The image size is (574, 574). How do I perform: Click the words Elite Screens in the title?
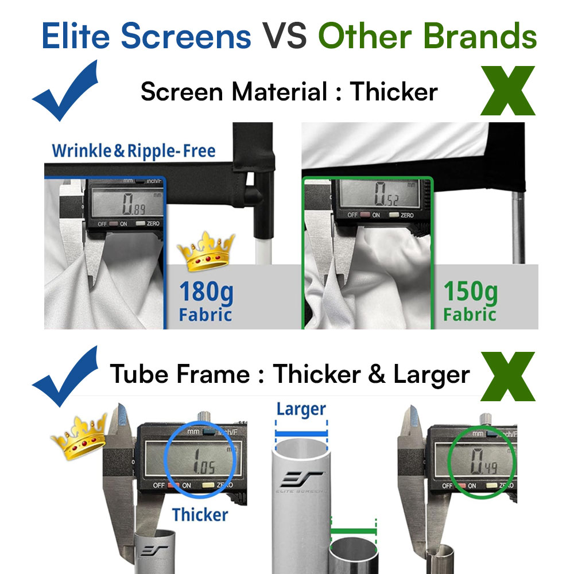pos(146,36)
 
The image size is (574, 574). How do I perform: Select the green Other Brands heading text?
pos(428,36)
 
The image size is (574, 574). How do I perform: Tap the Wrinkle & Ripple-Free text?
pos(133,151)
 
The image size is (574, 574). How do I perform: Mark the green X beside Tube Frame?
pos(508,376)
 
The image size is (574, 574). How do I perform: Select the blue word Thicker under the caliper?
pos(200,514)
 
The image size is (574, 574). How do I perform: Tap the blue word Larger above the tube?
pos(301,410)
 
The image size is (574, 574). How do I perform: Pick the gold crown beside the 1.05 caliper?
pos(78,439)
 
